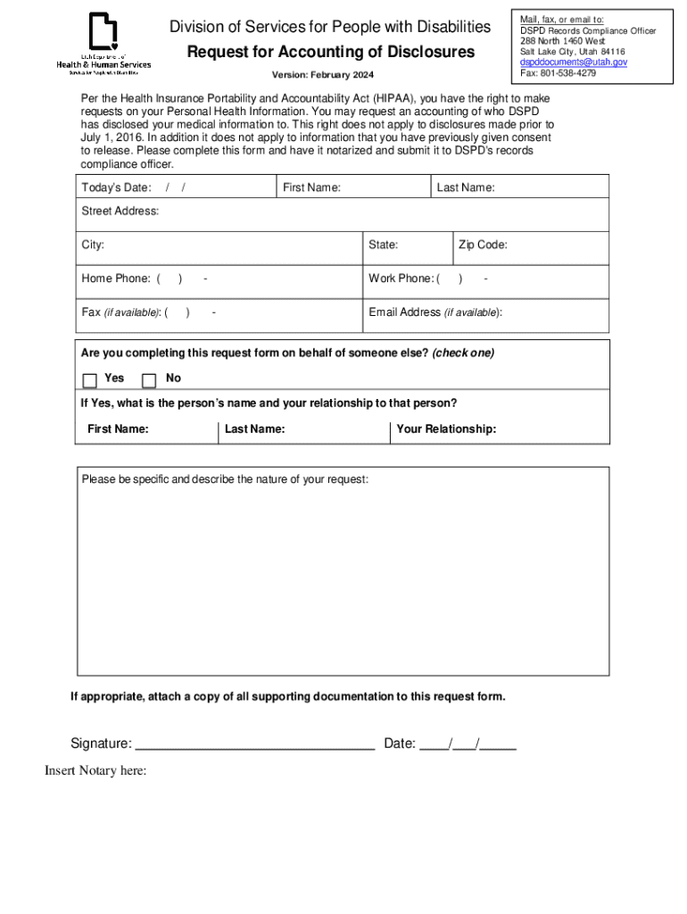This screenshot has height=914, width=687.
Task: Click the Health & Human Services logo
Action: point(103,45)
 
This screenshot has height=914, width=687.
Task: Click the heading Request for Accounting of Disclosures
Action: point(330,53)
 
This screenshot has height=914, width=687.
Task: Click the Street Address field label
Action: point(120,212)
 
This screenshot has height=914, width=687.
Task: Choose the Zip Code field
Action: point(531,245)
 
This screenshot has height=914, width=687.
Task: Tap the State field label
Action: point(383,245)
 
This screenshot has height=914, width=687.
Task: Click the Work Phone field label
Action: point(401,278)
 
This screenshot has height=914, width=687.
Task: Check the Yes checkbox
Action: point(90,380)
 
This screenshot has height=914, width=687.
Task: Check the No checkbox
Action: point(149,380)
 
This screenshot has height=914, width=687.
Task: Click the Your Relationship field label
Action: point(446,429)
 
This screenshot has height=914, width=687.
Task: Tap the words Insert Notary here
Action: point(95,771)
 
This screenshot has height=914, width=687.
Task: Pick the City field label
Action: point(93,245)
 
